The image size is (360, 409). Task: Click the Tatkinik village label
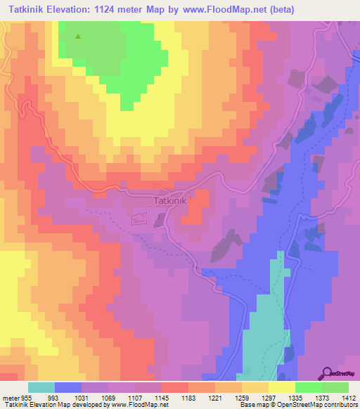[169, 200]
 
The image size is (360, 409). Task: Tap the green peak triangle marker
[77, 37]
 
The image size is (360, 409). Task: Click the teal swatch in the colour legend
[41, 387]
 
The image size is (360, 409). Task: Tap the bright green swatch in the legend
[309, 387]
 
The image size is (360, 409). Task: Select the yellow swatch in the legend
[282, 387]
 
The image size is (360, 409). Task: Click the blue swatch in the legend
[68, 387]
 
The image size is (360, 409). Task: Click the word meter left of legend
[11, 397]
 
